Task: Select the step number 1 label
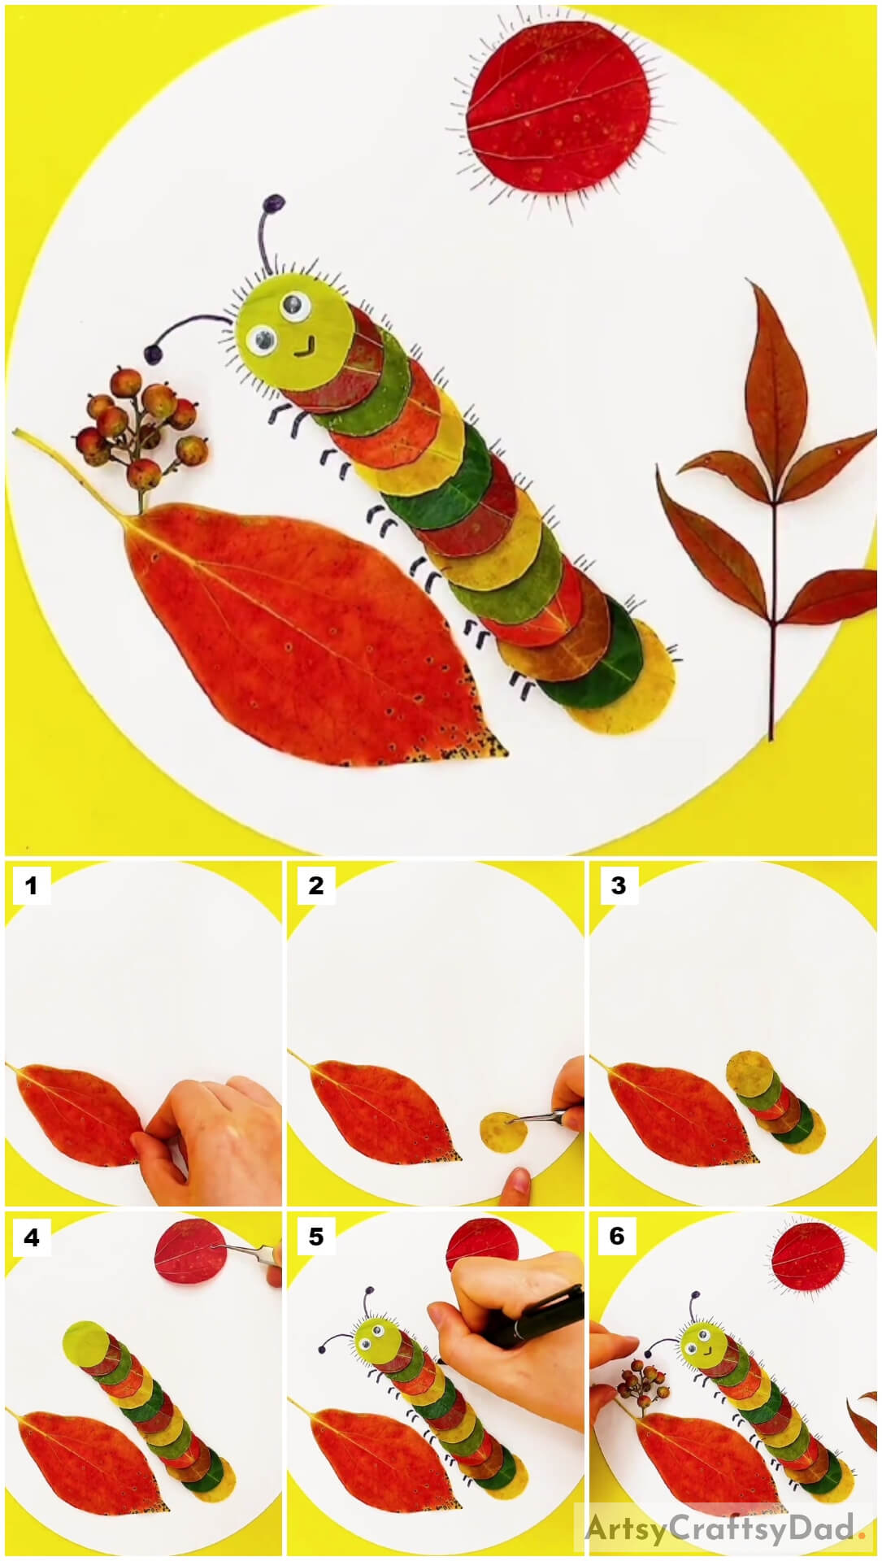coord(31,885)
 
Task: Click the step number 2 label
coord(315,885)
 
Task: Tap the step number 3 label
coord(618,885)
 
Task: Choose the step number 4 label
coord(31,1237)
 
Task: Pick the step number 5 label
coord(315,1237)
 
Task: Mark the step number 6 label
coord(618,1237)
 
